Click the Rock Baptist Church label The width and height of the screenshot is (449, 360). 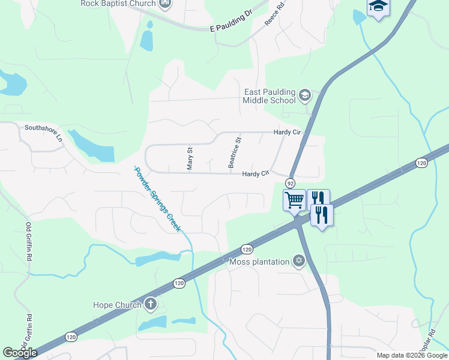pyautogui.click(x=118, y=4)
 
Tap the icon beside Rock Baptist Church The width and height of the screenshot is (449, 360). pyautogui.click(x=165, y=4)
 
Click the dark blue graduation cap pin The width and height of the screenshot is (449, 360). pyautogui.click(x=378, y=7)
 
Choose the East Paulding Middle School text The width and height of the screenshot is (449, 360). pyautogui.click(x=270, y=96)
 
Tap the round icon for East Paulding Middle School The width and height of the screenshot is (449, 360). pyautogui.click(x=305, y=95)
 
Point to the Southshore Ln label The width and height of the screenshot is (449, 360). pyautogui.click(x=43, y=128)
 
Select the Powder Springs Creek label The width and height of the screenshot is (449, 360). pyautogui.click(x=158, y=199)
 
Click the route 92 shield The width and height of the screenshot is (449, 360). pyautogui.click(x=291, y=183)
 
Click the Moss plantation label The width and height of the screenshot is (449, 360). pyautogui.click(x=259, y=262)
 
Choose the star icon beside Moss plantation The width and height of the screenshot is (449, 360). pyautogui.click(x=298, y=261)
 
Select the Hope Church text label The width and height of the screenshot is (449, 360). pyautogui.click(x=117, y=305)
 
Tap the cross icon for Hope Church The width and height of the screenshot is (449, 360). pyautogui.click(x=150, y=305)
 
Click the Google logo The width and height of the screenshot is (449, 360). pyautogui.click(x=20, y=353)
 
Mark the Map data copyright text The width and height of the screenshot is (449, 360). pyautogui.click(x=412, y=355)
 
